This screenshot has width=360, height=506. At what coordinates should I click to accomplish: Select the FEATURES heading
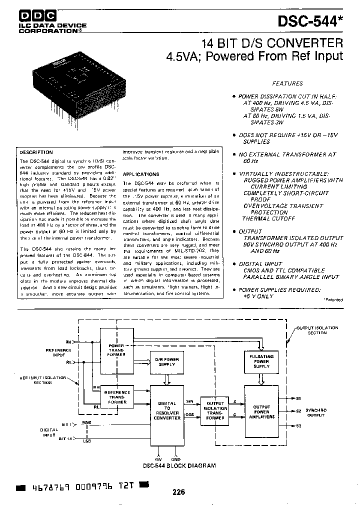287,83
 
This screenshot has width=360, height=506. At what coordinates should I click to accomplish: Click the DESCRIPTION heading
35,152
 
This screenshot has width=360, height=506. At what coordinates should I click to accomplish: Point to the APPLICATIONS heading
141,174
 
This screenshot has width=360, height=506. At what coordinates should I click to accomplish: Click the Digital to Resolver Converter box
166,410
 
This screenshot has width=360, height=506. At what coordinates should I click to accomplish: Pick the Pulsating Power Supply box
261,359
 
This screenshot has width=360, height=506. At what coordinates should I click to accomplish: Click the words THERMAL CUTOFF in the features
268,218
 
